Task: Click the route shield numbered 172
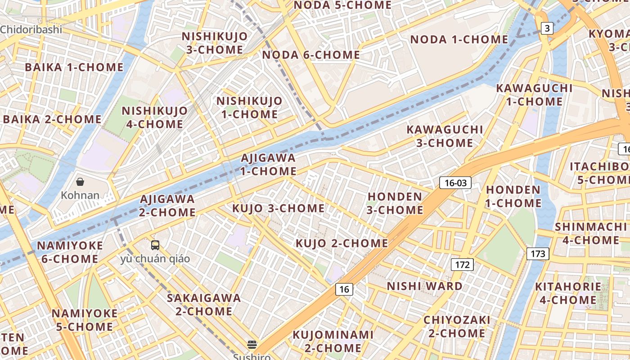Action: tap(462, 265)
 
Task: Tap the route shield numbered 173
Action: tap(537, 254)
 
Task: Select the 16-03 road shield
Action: tap(455, 183)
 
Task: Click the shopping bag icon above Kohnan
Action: tap(80, 182)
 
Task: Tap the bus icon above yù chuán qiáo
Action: tap(155, 245)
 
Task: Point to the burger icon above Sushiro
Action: tap(252, 345)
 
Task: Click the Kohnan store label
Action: tap(80, 195)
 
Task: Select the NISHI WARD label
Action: tap(424, 286)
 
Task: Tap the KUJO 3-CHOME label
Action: tap(278, 208)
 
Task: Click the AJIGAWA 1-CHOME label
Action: tap(268, 165)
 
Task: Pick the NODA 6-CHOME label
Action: tap(311, 55)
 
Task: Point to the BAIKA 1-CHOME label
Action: tap(74, 67)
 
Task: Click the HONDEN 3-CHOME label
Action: tap(395, 203)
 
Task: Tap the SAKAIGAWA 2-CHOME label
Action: tap(204, 305)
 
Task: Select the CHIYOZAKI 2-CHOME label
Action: tap(457, 327)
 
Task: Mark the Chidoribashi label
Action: tap(31, 30)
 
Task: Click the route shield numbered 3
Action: tap(547, 29)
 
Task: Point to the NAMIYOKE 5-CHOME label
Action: tap(85, 320)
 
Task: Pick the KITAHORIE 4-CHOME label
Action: tap(568, 293)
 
